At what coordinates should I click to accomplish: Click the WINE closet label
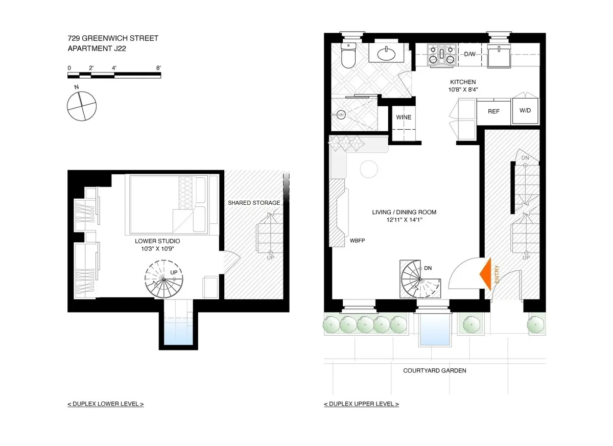(x=404, y=118)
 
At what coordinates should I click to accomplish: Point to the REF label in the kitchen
(x=493, y=111)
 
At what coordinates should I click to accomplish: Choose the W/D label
(x=525, y=111)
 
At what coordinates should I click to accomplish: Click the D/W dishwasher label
(x=469, y=54)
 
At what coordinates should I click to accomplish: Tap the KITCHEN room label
(x=463, y=82)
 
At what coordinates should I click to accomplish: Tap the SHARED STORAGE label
(x=254, y=203)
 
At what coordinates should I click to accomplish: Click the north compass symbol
(x=82, y=106)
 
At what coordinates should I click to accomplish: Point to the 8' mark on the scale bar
(x=159, y=67)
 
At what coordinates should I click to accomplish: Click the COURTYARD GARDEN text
(x=434, y=371)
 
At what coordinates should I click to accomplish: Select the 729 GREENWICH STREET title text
(x=113, y=38)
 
